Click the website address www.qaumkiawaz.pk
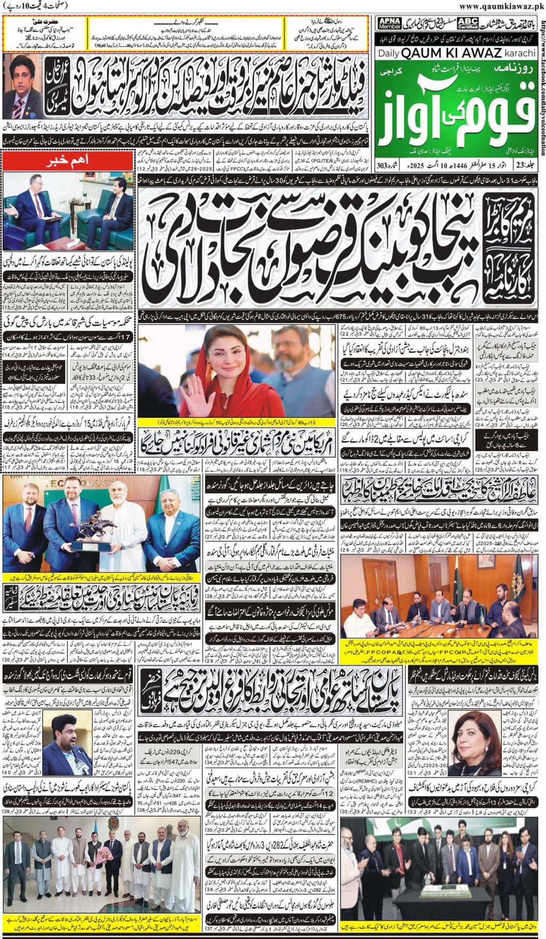(501, 6)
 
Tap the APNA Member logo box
(389, 23)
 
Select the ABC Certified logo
(468, 23)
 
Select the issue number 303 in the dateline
(382, 166)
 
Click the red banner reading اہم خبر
(68, 160)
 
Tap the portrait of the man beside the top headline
(22, 85)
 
